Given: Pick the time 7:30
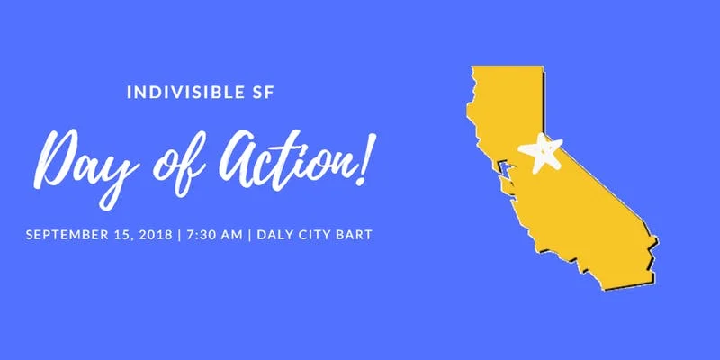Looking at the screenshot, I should [x=202, y=235].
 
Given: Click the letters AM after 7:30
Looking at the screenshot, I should [x=231, y=235].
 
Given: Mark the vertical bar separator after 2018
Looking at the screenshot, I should [x=181, y=235].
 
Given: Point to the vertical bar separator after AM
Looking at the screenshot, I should [x=248, y=235].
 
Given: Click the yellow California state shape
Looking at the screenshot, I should [x=585, y=207].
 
